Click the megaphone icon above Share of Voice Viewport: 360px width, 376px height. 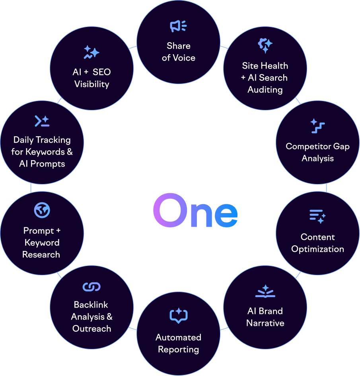(x=178, y=27)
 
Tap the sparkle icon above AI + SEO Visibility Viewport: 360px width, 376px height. (x=91, y=52)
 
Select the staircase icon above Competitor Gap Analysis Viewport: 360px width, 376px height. (x=317, y=126)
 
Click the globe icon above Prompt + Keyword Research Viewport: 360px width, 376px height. (x=42, y=210)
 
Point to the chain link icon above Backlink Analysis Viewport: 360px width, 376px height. (x=91, y=286)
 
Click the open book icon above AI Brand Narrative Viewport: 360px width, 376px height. (x=265, y=292)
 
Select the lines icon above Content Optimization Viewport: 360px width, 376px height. (x=317, y=216)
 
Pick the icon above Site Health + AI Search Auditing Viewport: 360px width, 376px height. (x=265, y=45)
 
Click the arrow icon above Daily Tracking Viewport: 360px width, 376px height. (x=42, y=121)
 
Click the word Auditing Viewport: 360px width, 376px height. (x=265, y=90)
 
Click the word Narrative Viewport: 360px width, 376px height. (x=265, y=323)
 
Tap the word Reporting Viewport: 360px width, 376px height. (x=178, y=349)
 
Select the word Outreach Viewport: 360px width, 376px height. (x=91, y=329)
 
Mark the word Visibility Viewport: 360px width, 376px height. (x=91, y=84)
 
